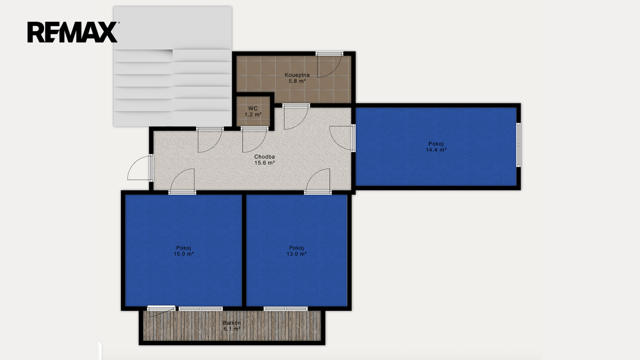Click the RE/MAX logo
72,32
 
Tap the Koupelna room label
297,75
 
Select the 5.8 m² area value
297,81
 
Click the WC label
253,108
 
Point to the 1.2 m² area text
253,114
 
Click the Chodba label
264,157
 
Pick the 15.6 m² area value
264,163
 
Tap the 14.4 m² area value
436,150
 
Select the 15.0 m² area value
184,254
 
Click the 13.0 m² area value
296,254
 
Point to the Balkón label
232,323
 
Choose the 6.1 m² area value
232,329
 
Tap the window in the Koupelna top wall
329,54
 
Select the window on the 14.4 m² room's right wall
518,145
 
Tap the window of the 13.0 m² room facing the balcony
286,308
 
